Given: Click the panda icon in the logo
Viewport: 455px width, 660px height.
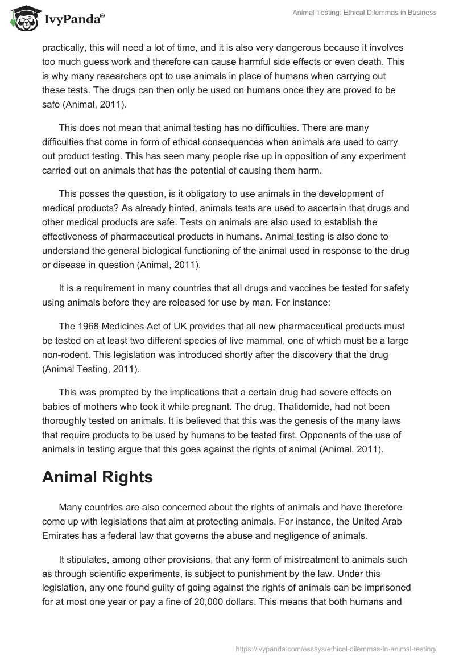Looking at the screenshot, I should pyautogui.click(x=22, y=19).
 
